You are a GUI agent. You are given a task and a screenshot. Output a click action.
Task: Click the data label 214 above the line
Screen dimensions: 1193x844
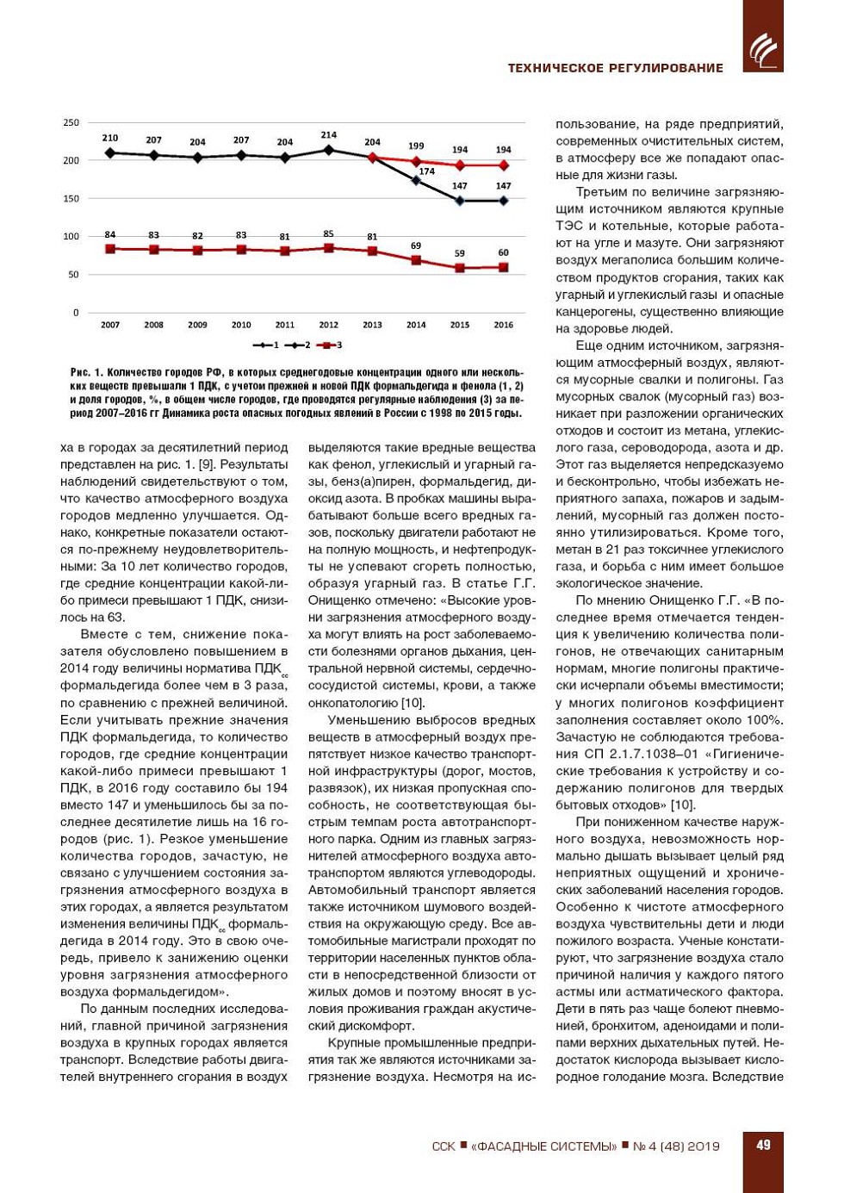(328, 135)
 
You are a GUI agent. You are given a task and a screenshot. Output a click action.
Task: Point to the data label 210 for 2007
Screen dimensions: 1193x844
(110, 138)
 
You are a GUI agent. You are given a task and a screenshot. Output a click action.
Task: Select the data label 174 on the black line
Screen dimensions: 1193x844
(426, 171)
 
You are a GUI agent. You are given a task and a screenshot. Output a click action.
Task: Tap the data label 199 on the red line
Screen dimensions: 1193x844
(416, 146)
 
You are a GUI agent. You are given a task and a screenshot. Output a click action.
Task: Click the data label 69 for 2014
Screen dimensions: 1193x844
(416, 246)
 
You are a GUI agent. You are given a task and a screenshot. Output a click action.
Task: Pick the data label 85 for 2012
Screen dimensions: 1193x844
(328, 233)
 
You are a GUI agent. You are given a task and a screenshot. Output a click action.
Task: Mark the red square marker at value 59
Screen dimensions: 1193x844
(460, 268)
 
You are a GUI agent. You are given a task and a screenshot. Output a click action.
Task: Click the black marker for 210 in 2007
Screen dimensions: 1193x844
(110, 153)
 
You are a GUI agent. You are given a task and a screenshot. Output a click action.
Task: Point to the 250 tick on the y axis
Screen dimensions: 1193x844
(71, 122)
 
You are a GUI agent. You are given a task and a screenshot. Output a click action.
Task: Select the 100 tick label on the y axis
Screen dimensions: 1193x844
(71, 236)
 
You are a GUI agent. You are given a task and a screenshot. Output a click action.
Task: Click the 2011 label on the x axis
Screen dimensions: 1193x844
(284, 325)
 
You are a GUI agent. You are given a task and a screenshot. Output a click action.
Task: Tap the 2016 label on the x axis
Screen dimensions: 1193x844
(503, 325)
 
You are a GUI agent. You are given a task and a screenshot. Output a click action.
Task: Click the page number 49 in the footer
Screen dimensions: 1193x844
(763, 1146)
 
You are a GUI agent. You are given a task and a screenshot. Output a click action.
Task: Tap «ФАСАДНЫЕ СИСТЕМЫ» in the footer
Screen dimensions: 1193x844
(543, 1146)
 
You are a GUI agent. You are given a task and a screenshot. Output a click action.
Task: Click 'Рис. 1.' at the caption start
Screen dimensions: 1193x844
(87, 373)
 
